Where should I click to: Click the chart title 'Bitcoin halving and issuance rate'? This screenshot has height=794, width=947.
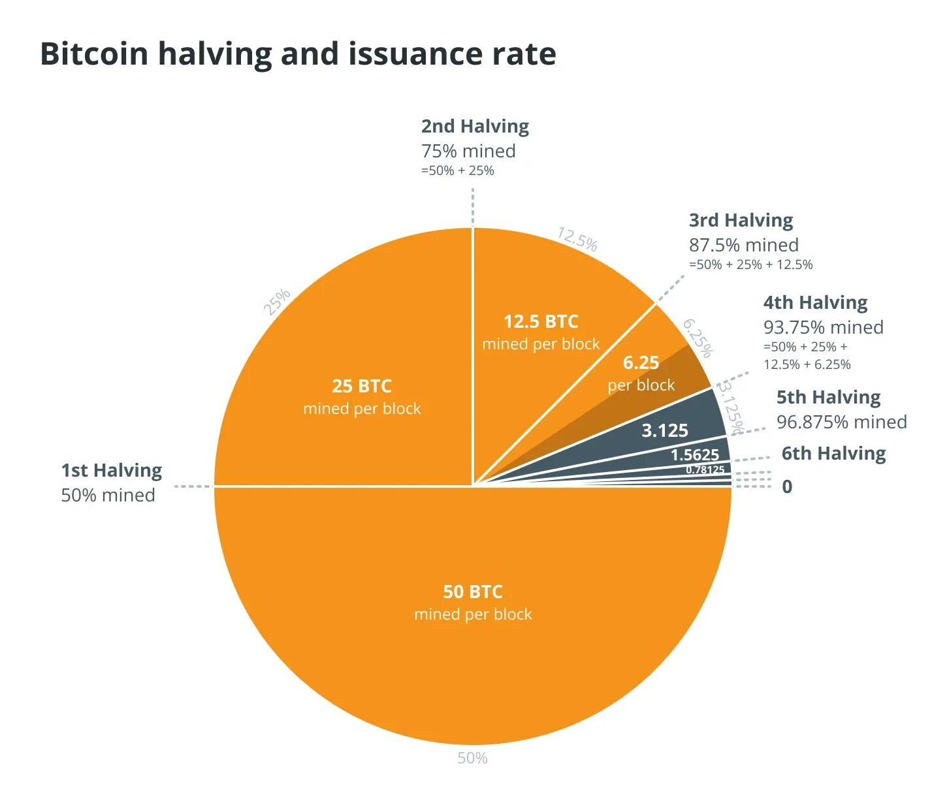298,54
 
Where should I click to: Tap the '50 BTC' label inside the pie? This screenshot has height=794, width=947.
473,592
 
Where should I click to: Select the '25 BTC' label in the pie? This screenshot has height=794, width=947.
362,386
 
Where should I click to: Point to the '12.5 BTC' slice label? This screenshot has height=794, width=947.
541,321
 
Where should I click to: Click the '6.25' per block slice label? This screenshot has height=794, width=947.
641,363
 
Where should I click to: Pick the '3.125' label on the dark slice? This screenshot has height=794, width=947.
665,430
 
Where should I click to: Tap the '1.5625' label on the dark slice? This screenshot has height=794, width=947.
695,454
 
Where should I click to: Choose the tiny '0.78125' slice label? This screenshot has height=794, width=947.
705,469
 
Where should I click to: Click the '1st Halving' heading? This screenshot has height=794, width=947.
112,470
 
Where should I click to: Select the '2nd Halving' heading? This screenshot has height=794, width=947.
475,126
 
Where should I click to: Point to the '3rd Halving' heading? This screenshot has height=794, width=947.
741,220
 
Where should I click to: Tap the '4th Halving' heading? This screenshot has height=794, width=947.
815,302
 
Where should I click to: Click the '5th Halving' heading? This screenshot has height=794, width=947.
828,397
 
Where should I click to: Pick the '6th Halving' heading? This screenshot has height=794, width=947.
833,453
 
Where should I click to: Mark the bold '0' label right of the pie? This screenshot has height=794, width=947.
787,486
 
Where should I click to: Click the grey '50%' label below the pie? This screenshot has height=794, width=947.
472,758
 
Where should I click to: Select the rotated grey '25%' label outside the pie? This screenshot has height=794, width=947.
276,302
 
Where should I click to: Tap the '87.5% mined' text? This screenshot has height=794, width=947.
743,245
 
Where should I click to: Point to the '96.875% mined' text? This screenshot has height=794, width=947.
841,422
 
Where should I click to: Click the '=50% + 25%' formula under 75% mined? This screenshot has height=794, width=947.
457,171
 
